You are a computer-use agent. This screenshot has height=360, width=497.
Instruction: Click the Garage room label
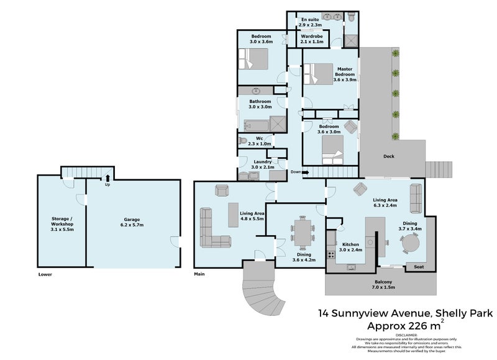click(131, 220)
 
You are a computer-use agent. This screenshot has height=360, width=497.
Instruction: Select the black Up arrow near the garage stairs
click(107, 179)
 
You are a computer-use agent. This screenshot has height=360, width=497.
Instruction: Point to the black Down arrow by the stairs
click(305, 172)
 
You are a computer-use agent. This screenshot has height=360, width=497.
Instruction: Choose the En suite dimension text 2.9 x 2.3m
click(311, 25)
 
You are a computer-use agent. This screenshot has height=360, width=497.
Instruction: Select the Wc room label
click(260, 138)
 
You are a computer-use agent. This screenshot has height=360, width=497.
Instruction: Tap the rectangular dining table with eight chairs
click(303, 233)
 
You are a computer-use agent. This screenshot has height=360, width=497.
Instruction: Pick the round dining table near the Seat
click(409, 245)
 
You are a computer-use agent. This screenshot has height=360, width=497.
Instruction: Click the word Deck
click(389, 156)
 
